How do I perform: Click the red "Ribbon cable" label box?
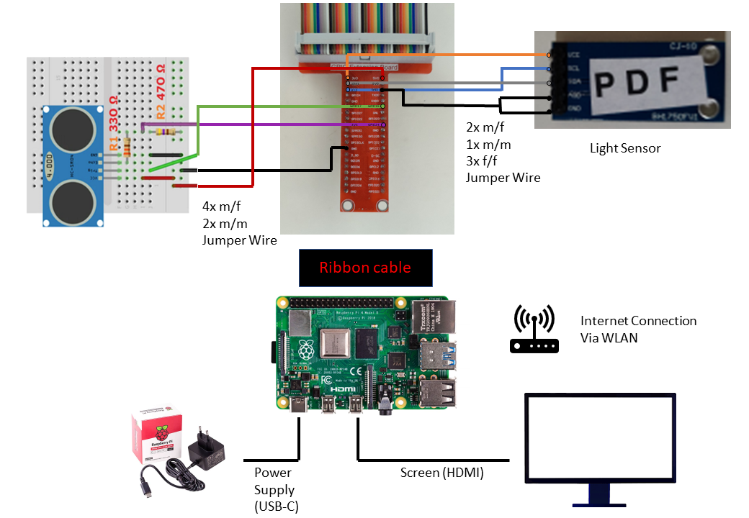[365, 268]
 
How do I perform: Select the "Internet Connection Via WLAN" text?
[638, 329]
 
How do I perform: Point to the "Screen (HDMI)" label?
[441, 473]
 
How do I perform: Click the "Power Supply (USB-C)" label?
[274, 489]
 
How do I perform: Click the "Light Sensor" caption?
[625, 148]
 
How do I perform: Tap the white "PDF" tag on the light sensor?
[637, 79]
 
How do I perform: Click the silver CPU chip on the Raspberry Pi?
[336, 343]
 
